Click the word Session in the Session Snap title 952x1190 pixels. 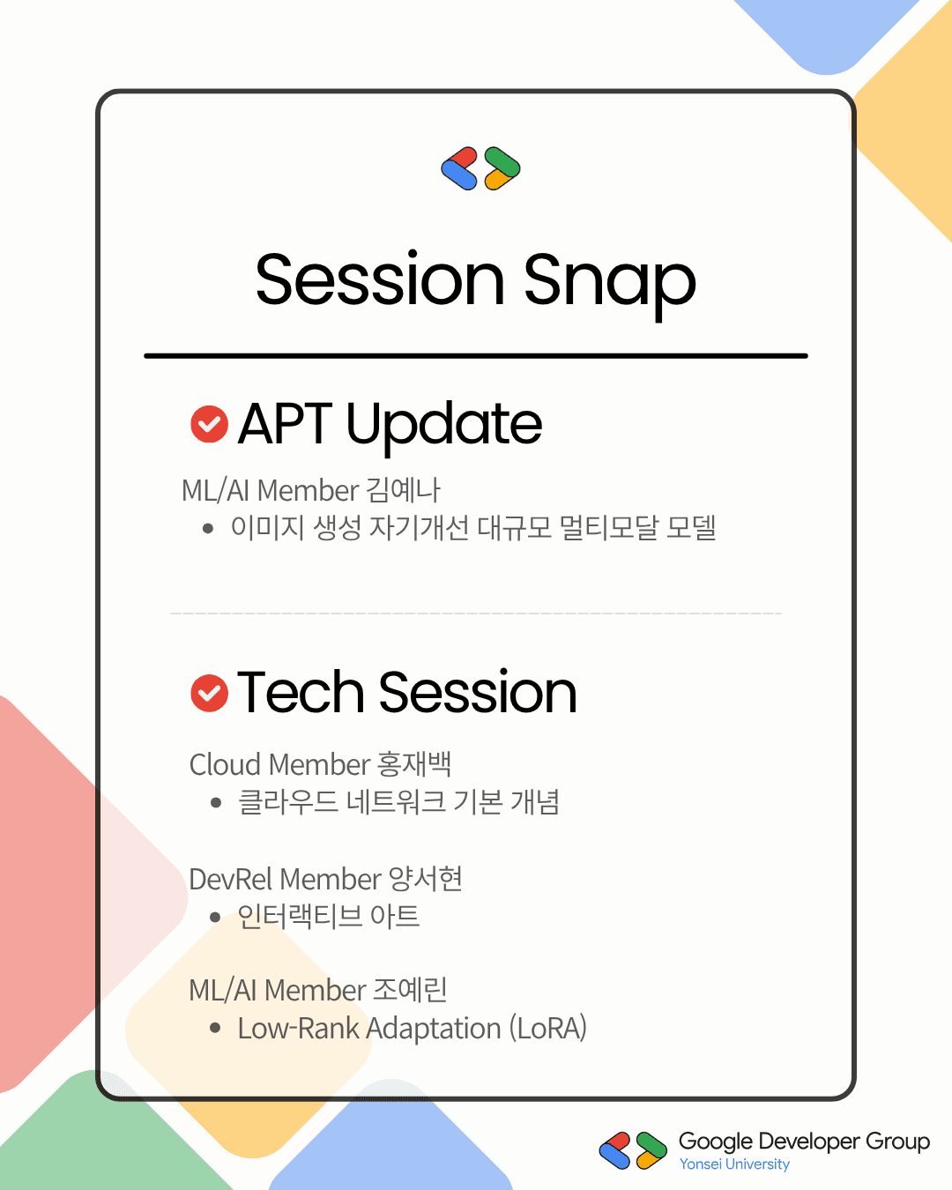[380, 279]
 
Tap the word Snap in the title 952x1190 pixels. [609, 284]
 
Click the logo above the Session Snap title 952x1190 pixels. [480, 168]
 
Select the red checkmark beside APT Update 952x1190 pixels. [209, 424]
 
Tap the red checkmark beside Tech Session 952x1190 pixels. [209, 693]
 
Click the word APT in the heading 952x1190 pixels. [285, 424]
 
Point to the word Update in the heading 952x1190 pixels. [444, 427]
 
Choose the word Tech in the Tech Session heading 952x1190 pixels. [301, 691]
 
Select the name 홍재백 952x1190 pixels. [414, 764]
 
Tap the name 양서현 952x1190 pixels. [426, 879]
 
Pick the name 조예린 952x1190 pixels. [410, 990]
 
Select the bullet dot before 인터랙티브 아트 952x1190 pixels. [215, 918]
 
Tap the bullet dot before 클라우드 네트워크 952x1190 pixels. [216, 803]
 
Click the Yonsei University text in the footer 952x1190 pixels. [734, 1164]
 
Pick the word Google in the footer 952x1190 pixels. [716, 1142]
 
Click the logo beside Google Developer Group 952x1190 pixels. [633, 1150]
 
